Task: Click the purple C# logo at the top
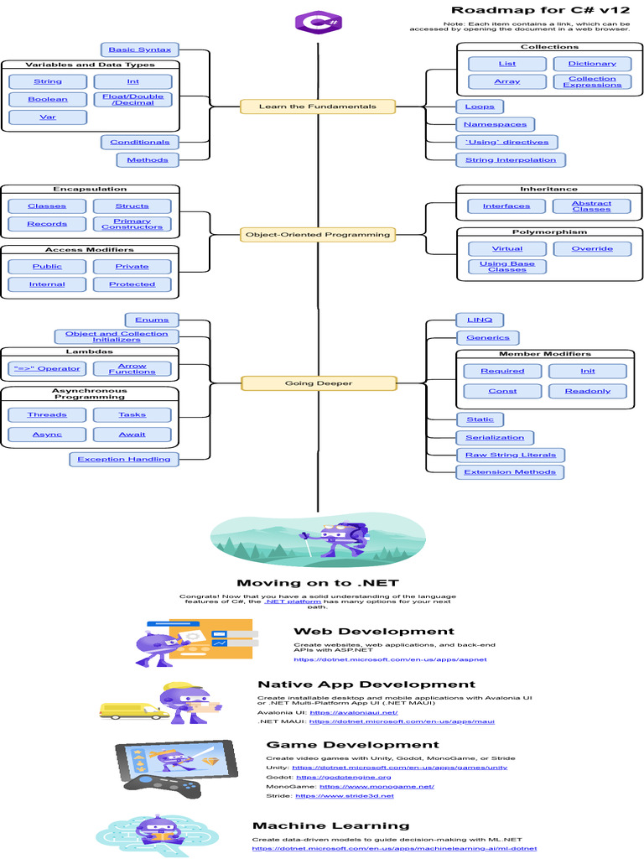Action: pos(318,23)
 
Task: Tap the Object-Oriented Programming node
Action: pos(318,235)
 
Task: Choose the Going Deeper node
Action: pos(318,383)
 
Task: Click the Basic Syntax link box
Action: pos(139,49)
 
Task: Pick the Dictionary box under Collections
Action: pos(592,64)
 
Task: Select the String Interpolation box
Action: pos(511,159)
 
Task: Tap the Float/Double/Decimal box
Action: pos(132,99)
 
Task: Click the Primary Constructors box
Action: pos(132,224)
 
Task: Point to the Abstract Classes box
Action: pos(592,206)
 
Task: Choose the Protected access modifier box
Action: pos(132,284)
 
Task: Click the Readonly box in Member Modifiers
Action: pos(588,391)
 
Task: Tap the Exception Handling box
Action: pos(124,459)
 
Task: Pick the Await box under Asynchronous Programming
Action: pos(132,435)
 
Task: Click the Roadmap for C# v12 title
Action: pos(540,10)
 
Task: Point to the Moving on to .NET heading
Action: pos(317,583)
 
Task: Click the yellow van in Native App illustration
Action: pos(130,711)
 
